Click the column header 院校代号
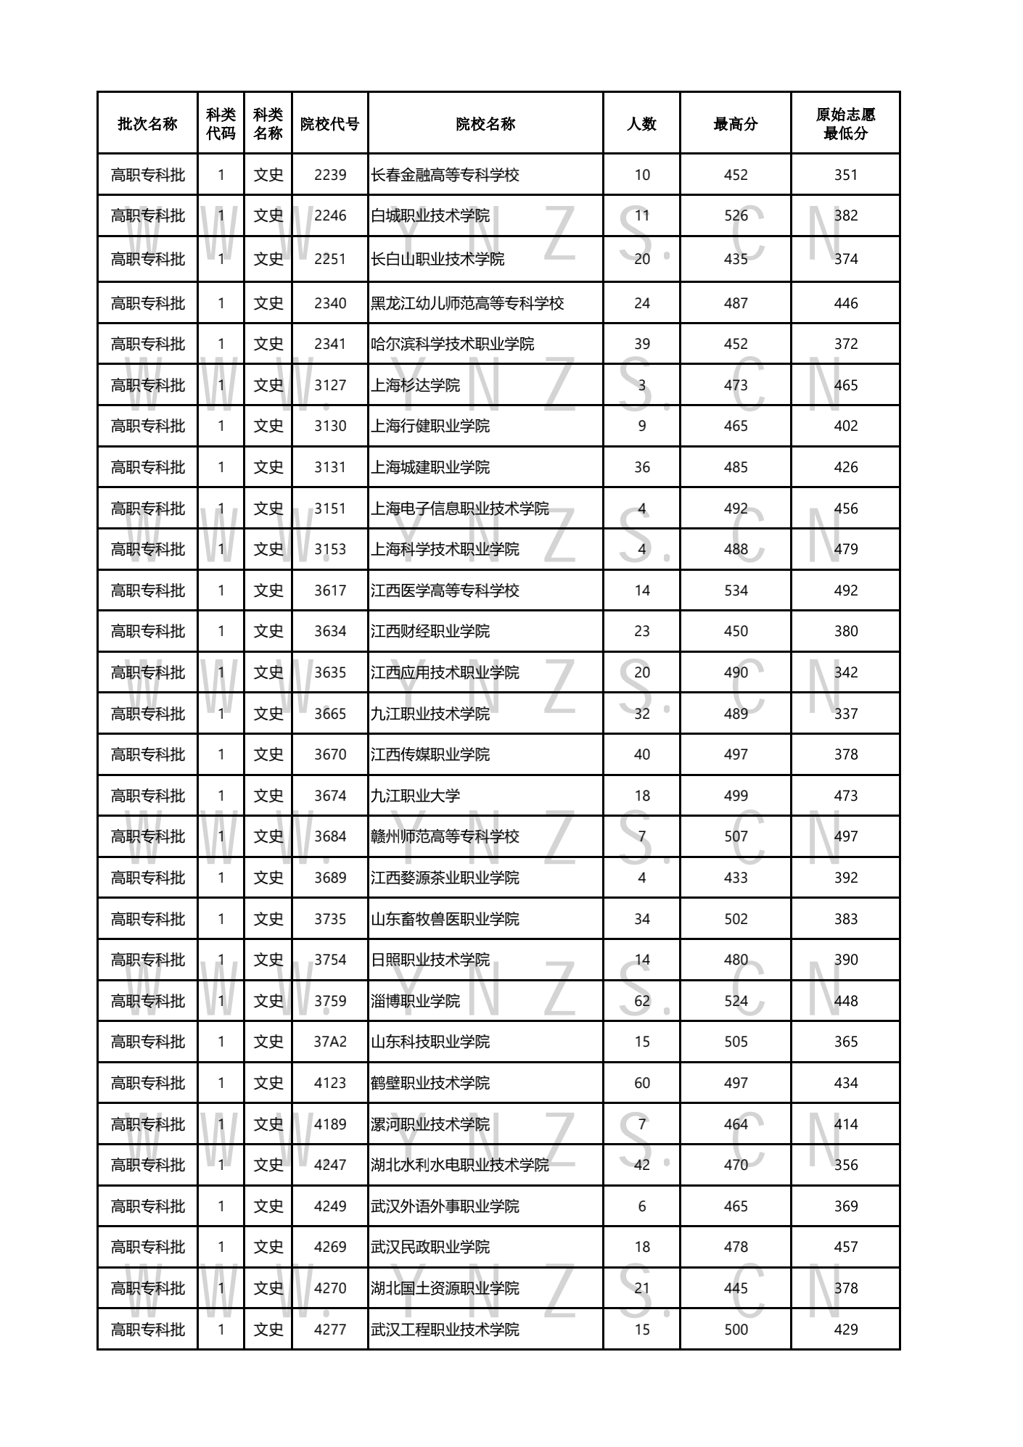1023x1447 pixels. click(x=330, y=124)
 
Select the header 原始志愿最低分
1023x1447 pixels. click(x=845, y=124)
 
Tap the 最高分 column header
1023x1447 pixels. click(x=735, y=124)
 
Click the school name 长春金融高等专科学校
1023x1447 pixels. click(x=445, y=175)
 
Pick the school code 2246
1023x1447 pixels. click(x=330, y=215)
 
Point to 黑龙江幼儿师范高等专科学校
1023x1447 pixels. click(x=467, y=303)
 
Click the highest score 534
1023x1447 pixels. click(x=735, y=590)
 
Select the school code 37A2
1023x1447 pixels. click(x=330, y=1042)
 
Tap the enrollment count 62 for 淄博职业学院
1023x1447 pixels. click(x=641, y=1001)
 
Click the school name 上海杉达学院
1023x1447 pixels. click(x=415, y=385)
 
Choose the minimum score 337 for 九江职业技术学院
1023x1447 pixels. click(x=845, y=714)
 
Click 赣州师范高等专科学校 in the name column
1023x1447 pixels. click(x=445, y=836)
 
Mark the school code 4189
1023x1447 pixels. click(x=330, y=1124)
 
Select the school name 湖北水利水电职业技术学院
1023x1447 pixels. click(x=460, y=1165)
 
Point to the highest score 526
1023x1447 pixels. click(x=735, y=215)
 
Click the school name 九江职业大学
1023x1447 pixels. click(x=415, y=796)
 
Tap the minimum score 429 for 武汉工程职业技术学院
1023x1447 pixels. click(x=845, y=1329)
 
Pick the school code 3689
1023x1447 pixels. click(x=330, y=878)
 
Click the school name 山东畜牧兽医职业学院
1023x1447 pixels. click(x=445, y=919)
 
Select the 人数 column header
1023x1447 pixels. click(x=641, y=124)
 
